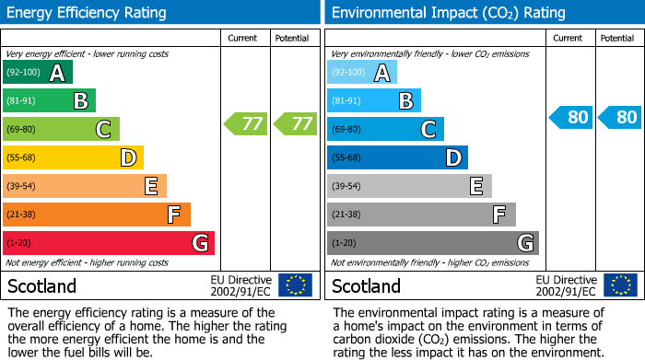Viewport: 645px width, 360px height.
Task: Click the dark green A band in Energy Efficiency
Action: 38,73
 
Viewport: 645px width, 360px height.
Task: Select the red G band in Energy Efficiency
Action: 109,243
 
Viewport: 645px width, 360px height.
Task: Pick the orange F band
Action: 97,215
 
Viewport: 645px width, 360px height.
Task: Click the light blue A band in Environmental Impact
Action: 362,73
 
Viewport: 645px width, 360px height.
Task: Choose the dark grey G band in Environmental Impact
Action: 433,243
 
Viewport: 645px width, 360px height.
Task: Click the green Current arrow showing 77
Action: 246,123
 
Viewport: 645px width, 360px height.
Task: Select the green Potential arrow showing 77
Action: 295,123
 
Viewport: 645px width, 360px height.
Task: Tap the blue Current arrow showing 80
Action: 571,117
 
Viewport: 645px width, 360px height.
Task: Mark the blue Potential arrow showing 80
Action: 619,117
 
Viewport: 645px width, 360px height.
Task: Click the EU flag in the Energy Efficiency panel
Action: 295,285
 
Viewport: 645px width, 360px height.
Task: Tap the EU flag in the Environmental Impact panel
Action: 620,285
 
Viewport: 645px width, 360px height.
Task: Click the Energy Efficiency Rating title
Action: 88,13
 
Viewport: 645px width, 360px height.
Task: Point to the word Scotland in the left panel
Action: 42,285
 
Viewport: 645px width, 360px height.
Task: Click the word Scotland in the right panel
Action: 367,285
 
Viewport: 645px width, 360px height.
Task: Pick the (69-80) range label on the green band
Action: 22,130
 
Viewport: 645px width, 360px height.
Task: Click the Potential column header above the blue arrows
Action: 617,38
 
